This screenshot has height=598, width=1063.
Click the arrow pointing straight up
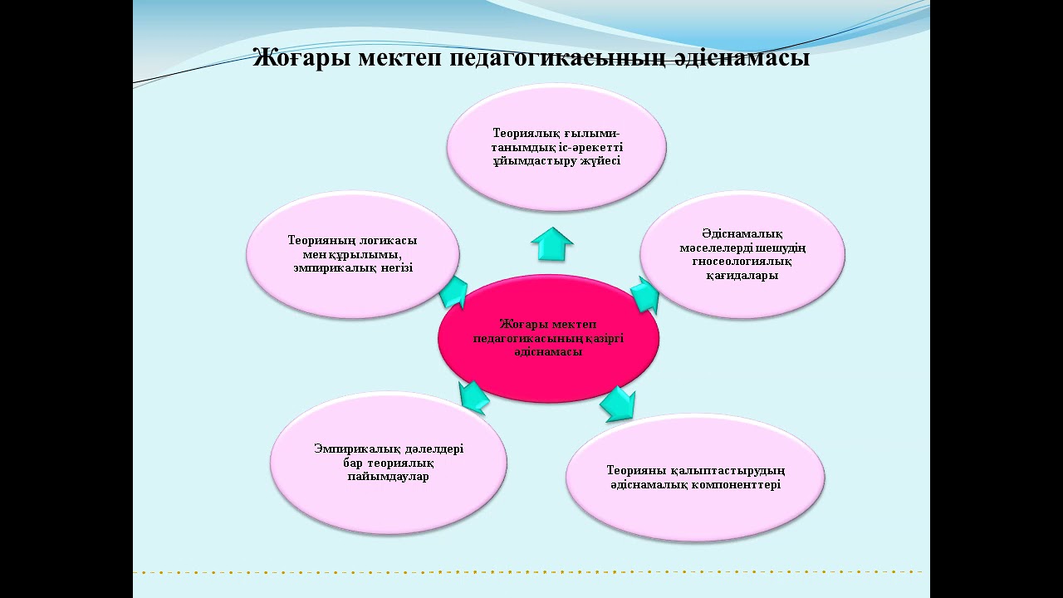[552, 244]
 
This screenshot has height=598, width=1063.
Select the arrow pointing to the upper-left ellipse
[453, 292]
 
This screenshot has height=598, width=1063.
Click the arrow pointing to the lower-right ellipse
[619, 403]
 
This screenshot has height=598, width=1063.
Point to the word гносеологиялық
[742, 262]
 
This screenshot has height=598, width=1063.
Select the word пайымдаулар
[388, 477]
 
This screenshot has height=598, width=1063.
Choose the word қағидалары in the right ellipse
[742, 276]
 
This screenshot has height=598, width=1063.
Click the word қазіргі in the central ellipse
[604, 338]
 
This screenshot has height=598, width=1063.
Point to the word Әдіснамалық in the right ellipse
[742, 233]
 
